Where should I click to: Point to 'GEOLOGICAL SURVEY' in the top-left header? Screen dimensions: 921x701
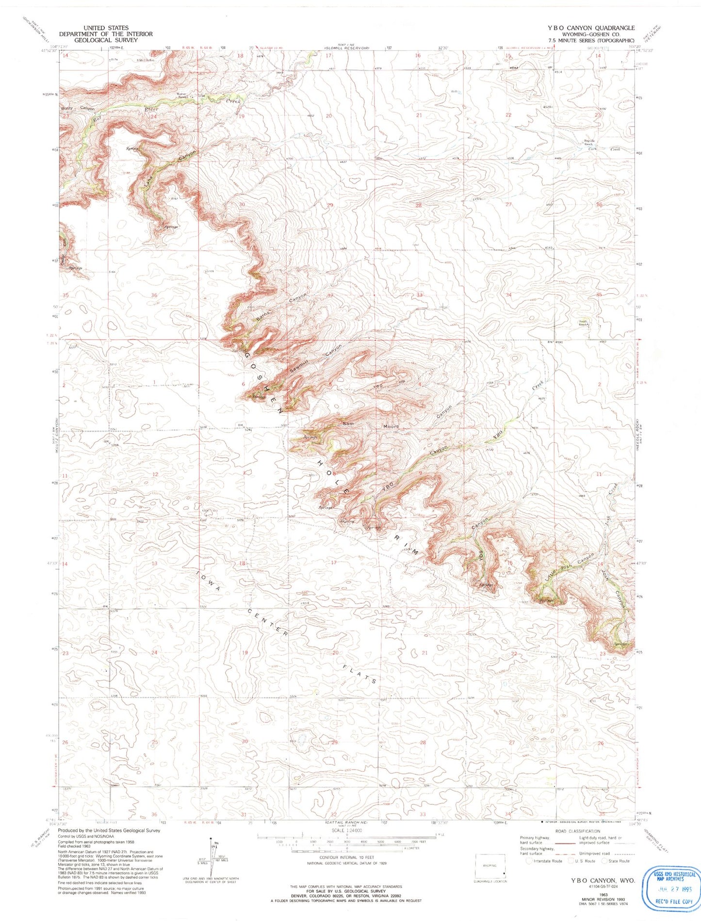click(105, 40)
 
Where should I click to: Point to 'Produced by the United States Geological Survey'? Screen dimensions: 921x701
click(109, 830)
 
